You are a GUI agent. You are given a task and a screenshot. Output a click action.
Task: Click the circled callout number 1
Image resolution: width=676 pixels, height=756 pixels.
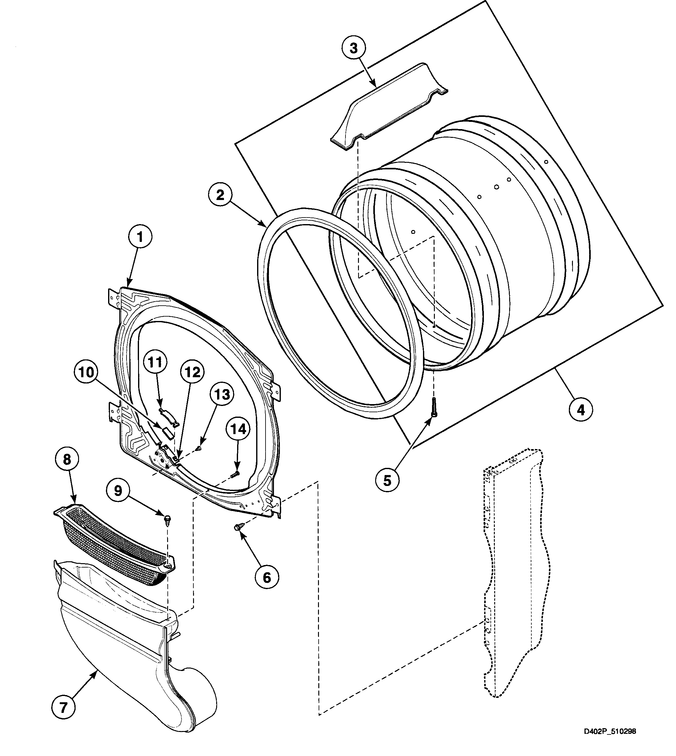click(140, 237)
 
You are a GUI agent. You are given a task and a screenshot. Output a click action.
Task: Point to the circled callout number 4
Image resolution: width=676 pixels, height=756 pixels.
click(580, 410)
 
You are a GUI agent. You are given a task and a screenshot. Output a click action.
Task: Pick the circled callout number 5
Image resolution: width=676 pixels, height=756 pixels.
click(387, 481)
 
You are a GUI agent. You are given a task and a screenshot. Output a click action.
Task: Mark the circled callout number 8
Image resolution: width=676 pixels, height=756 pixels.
click(67, 459)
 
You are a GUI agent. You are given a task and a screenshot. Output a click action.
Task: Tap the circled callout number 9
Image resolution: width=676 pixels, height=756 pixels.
click(118, 491)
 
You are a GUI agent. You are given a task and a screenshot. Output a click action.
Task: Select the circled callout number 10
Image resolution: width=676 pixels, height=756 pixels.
click(87, 373)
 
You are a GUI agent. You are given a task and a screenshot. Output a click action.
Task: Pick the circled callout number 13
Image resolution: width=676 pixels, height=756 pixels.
click(222, 394)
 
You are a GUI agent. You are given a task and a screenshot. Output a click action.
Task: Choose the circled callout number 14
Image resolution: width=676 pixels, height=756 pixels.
click(238, 429)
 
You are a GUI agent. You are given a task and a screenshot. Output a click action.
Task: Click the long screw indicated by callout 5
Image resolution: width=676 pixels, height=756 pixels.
click(434, 408)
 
